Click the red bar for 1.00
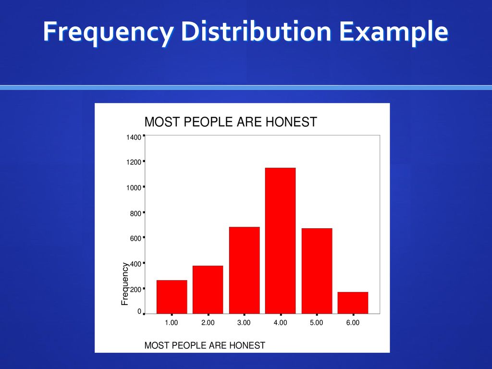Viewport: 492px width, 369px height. [172, 297]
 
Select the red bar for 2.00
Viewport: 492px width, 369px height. [208, 290]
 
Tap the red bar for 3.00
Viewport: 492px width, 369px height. [245, 270]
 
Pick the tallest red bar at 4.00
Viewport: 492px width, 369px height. [280, 241]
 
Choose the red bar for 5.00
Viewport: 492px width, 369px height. [317, 271]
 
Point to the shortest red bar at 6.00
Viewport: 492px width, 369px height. [353, 303]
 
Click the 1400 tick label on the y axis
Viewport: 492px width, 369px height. [134, 137]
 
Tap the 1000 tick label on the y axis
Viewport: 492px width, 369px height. [134, 188]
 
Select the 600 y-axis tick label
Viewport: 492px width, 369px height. [135, 238]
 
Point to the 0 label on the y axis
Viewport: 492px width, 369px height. [139, 311]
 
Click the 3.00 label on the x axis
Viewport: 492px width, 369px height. [244, 322]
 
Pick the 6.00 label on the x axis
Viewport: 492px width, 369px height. [353, 322]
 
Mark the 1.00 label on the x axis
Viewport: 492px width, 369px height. [172, 322]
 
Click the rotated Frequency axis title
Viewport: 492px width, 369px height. [125, 284]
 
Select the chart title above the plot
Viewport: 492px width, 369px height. [231, 122]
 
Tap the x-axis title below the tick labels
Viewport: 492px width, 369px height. [205, 345]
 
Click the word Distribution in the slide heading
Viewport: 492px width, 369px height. [256, 31]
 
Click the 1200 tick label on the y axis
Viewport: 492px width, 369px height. [134, 162]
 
